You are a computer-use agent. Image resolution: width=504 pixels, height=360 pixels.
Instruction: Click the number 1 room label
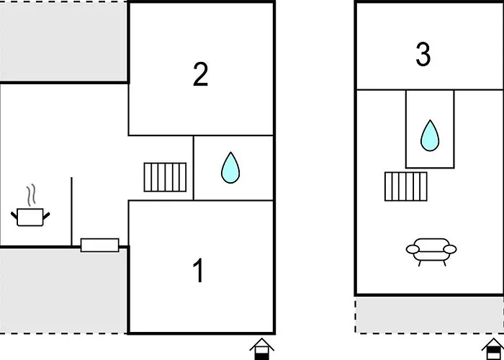tap(199, 270)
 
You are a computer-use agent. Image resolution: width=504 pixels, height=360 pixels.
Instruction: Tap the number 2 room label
tap(200, 74)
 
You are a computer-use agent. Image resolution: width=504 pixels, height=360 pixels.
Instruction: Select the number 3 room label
tap(423, 54)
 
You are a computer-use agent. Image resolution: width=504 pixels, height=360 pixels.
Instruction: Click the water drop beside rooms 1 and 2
tap(230, 168)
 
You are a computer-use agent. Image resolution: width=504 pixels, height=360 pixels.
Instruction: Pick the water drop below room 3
tap(430, 135)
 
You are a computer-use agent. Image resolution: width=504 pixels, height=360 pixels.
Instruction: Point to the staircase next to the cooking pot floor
tap(165, 177)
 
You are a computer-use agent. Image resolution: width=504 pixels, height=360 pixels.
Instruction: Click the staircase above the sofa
tap(405, 186)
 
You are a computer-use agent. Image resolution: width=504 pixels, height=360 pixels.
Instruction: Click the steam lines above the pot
tap(31, 195)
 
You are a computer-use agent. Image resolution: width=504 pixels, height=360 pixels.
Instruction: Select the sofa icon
tap(431, 252)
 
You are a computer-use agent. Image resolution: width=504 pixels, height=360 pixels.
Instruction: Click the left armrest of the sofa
tap(413, 249)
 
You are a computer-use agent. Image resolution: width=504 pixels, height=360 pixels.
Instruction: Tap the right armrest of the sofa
tap(450, 249)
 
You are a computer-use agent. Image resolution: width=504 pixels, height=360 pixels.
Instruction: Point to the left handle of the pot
tap(14, 215)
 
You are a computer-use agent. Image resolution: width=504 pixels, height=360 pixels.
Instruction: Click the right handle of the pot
tap(47, 215)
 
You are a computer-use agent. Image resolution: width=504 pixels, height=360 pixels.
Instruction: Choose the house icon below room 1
tap(261, 349)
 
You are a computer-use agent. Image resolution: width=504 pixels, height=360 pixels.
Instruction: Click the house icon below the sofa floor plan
tap(493, 349)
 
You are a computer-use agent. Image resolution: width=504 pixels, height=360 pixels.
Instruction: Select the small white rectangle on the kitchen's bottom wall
tap(99, 246)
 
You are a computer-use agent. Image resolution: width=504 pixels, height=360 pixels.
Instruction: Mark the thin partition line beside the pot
tap(71, 212)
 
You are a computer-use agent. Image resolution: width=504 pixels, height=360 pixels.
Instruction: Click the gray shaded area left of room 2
tap(63, 42)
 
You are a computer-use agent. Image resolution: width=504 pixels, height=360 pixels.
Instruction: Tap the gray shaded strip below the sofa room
tap(429, 315)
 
